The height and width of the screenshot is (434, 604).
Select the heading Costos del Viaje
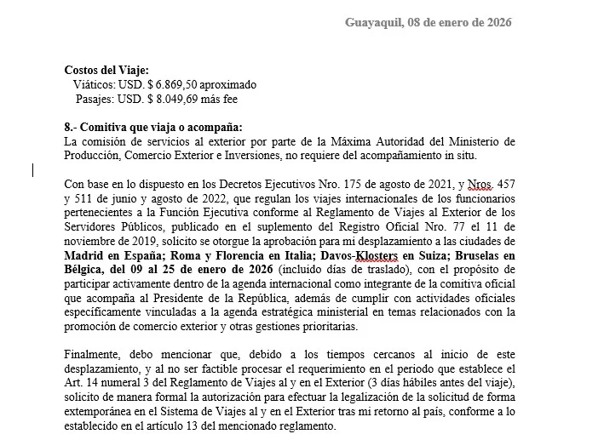click(106, 71)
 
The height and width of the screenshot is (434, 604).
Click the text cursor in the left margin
click(32, 170)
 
